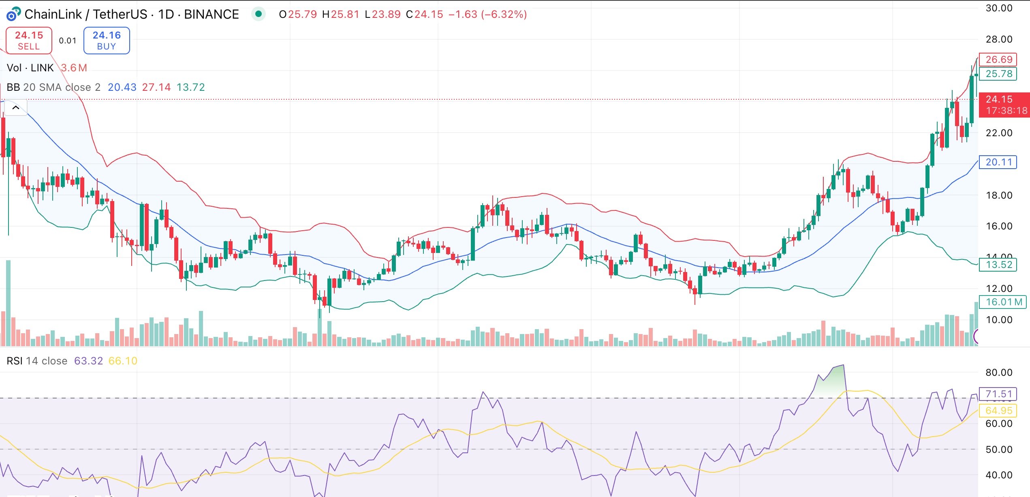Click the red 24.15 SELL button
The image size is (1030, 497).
[29, 41]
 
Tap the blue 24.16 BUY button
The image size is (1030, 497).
[107, 41]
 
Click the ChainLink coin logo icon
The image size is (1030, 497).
[13, 15]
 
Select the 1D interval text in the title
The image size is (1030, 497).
[166, 15]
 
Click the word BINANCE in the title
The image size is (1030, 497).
[211, 15]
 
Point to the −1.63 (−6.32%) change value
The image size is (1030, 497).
[487, 15]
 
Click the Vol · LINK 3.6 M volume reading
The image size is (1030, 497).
[47, 68]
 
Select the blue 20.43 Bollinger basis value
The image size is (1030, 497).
[122, 87]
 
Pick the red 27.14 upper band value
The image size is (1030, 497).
[156, 87]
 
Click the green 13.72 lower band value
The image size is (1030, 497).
[190, 87]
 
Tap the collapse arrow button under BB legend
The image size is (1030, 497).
[16, 108]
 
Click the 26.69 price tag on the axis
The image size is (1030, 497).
[998, 60]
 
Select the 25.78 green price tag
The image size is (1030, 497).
[998, 74]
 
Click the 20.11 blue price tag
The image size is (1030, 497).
[998, 162]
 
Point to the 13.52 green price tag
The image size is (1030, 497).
[998, 265]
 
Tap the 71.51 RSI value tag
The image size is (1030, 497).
[998, 394]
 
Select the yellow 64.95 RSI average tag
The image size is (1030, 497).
[998, 411]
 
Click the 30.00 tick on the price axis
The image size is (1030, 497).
[998, 8]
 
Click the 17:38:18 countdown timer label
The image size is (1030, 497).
[1006, 111]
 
